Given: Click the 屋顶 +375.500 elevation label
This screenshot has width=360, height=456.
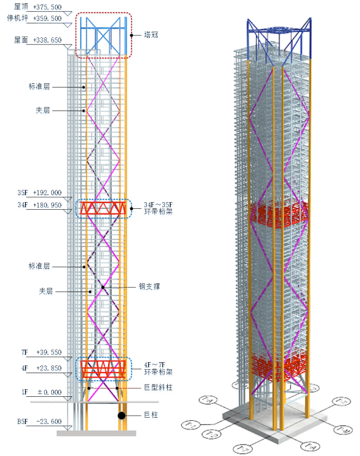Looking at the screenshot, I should click(x=38, y=8).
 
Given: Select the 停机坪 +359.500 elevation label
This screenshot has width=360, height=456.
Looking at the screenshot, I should click(x=34, y=19).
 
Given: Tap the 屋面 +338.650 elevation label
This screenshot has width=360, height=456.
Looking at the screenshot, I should click(x=38, y=41).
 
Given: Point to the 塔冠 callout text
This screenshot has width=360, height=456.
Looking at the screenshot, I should click(x=152, y=36).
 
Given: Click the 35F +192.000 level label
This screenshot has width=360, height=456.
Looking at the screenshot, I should click(x=40, y=193).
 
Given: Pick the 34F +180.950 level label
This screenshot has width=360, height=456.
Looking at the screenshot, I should click(x=40, y=206).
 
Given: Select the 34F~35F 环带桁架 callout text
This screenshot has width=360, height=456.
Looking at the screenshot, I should click(x=158, y=209).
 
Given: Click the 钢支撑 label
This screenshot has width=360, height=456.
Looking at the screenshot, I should click(x=149, y=287).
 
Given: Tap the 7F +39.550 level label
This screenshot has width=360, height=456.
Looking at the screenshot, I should click(x=42, y=353).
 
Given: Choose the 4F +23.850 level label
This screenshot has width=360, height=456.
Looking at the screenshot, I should click(x=42, y=369).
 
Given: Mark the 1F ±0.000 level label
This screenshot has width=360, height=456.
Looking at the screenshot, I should click(x=42, y=393).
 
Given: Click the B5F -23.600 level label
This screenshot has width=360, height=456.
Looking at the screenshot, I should click(x=40, y=421).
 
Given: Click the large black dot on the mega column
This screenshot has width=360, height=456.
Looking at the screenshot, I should click(x=122, y=416).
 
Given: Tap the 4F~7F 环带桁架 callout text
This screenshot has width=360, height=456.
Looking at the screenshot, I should click(x=158, y=368).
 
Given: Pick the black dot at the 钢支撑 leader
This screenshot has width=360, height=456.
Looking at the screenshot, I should click(x=102, y=287).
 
